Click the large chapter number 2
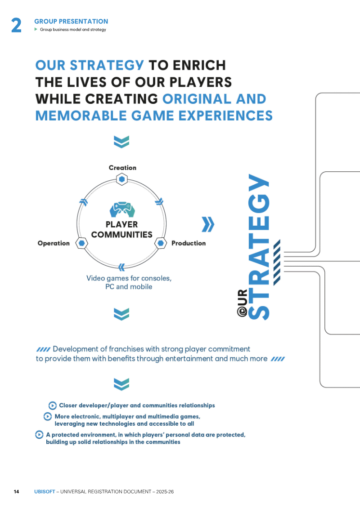click(16, 25)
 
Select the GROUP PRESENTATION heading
click(72, 22)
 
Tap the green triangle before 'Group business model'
click(36, 29)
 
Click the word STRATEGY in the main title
click(107, 65)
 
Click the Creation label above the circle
click(122, 168)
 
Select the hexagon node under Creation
click(122, 179)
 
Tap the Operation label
click(54, 243)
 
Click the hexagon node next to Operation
click(82, 243)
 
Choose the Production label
click(189, 243)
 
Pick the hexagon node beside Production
click(161, 243)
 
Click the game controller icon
click(122, 209)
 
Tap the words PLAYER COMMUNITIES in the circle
click(121, 229)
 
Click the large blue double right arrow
click(208, 224)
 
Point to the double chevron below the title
click(121, 142)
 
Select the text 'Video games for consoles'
click(129, 278)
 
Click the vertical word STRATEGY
click(259, 247)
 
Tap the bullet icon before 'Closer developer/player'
click(53, 406)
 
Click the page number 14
click(16, 491)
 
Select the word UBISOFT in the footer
click(45, 491)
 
